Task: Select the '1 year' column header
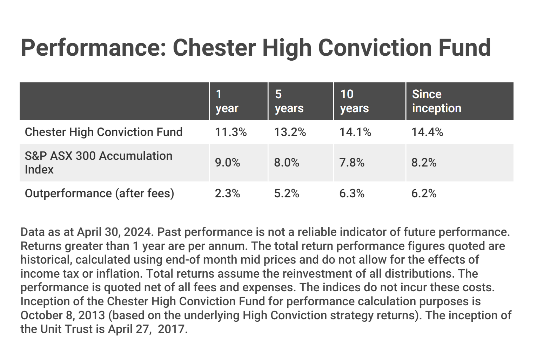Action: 227,101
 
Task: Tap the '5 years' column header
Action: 289,101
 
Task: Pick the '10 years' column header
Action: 354,101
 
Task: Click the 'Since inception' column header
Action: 436,101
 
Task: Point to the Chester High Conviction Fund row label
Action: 104,132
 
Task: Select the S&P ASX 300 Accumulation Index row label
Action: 99,163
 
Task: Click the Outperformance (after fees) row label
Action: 100,194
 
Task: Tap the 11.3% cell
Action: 231,132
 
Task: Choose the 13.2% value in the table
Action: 290,132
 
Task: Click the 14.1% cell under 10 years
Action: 355,132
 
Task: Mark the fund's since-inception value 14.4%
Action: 428,132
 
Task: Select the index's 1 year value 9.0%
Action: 228,163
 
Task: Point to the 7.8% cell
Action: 352,163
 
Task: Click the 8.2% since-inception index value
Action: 424,163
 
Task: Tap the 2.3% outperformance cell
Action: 228,194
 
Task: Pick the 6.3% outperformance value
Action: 352,194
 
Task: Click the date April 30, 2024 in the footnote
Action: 115,232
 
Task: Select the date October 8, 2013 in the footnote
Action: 63,315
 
